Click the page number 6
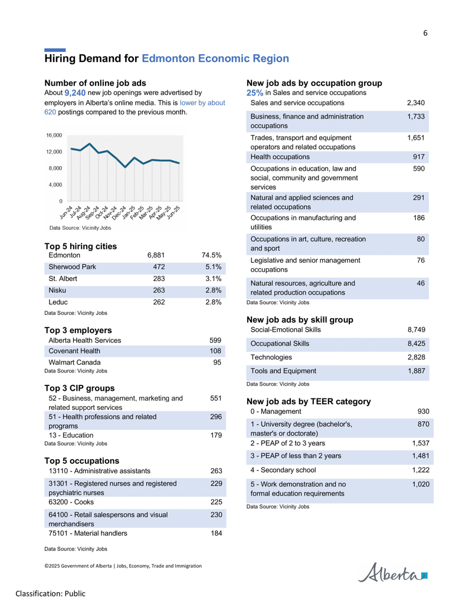(x=425, y=33)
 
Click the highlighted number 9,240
(x=75, y=93)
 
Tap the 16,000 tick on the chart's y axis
(x=54, y=136)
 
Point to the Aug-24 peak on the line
(x=90, y=144)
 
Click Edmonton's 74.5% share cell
(x=211, y=255)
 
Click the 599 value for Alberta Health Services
(x=215, y=341)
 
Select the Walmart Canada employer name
(x=74, y=362)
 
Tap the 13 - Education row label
(x=71, y=436)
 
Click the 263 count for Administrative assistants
(x=216, y=471)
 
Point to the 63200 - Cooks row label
(x=71, y=502)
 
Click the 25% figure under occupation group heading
(x=255, y=93)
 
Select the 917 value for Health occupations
(x=419, y=157)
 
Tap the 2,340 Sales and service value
(x=416, y=103)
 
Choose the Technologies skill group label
(x=271, y=357)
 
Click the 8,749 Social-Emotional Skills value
(x=417, y=330)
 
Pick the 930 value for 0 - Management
(x=423, y=411)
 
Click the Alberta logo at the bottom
(x=392, y=572)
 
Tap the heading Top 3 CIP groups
(x=80, y=388)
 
